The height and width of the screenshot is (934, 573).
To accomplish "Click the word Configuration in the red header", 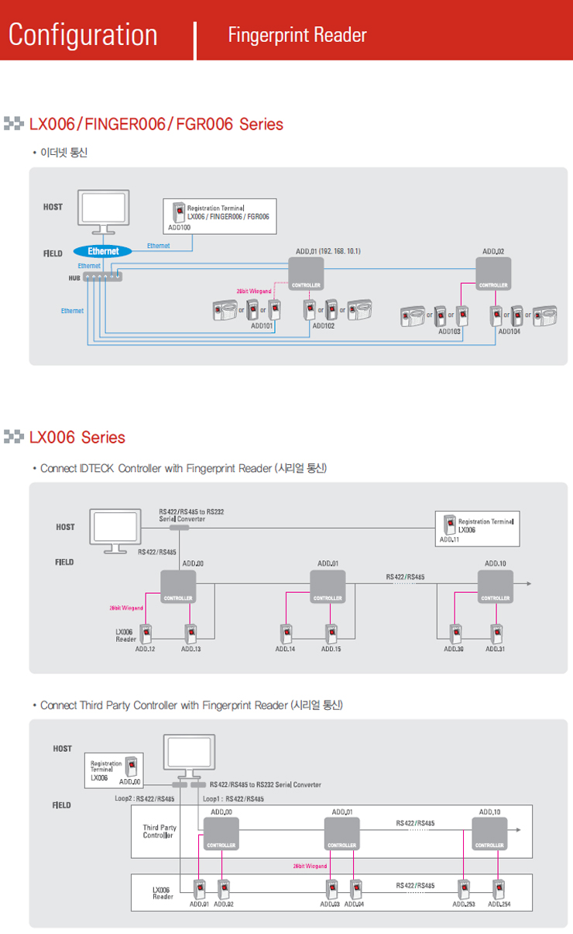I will pos(83,34).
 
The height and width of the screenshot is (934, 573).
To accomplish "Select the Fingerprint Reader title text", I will pos(297,35).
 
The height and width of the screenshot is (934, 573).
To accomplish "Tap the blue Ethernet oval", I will pos(103,251).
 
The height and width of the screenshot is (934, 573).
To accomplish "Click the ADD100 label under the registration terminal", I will pos(179,229).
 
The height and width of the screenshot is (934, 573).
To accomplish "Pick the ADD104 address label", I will pos(510,331).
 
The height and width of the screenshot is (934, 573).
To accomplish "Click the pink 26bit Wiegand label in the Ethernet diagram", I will pos(253,291).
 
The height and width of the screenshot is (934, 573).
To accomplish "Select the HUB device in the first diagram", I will pos(102,277).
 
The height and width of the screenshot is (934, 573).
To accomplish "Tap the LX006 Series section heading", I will pos(77,437).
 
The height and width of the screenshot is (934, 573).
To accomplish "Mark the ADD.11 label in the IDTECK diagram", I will pos(449,539).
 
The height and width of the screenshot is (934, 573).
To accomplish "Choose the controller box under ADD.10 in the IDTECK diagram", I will pos(496,586).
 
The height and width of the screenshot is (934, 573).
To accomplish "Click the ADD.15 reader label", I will pos(331,649).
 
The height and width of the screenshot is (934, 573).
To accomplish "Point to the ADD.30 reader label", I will pos(454,649).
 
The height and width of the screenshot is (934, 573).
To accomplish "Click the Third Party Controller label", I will pos(160,832).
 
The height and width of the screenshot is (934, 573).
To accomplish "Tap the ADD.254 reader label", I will pos(499,904).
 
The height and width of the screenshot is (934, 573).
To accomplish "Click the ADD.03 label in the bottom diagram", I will pos(330,904).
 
